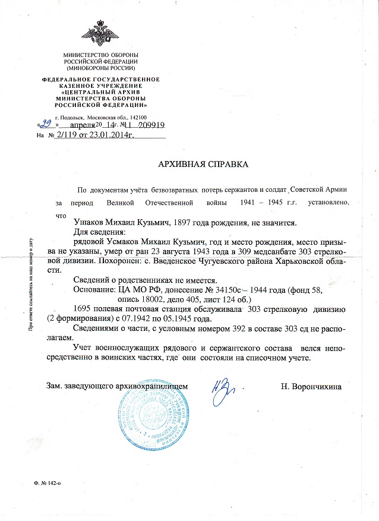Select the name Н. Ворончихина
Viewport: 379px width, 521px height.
(311, 387)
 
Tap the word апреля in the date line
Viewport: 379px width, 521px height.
(84, 127)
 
